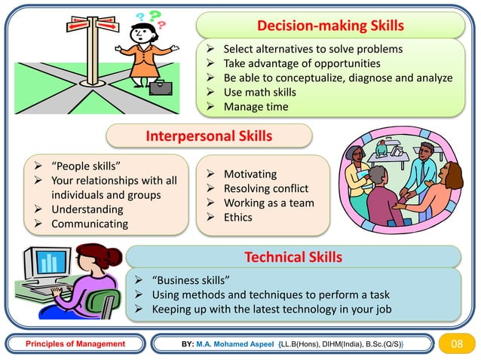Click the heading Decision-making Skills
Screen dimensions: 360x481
(x=330, y=26)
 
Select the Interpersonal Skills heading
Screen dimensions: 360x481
(x=208, y=136)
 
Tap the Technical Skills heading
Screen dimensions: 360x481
(x=293, y=258)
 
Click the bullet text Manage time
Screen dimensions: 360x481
(x=256, y=107)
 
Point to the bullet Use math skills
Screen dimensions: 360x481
(x=259, y=92)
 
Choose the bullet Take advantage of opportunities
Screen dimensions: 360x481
(x=302, y=63)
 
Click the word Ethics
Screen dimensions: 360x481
(x=237, y=218)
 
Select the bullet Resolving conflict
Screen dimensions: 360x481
(x=266, y=188)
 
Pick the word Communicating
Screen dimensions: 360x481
(x=89, y=224)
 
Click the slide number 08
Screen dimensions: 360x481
(x=455, y=344)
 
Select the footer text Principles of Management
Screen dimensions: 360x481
(x=75, y=344)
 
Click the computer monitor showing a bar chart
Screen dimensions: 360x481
(x=49, y=264)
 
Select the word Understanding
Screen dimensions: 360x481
(x=86, y=209)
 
